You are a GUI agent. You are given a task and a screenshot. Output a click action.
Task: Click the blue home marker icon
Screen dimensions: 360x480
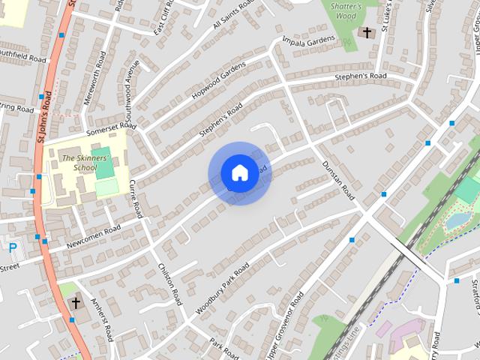pyautogui.click(x=239, y=173)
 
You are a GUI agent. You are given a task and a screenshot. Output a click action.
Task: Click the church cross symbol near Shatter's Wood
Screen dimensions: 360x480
pyautogui.click(x=367, y=32)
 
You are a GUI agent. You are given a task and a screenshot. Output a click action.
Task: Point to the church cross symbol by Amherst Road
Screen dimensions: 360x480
pyautogui.click(x=75, y=303)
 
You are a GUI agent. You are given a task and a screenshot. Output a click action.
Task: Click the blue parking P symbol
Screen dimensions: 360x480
pyautogui.click(x=12, y=247)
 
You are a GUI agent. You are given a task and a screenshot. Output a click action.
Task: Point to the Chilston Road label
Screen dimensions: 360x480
pyautogui.click(x=169, y=278)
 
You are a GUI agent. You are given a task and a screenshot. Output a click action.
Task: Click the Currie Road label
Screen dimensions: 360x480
pyautogui.click(x=136, y=198)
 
